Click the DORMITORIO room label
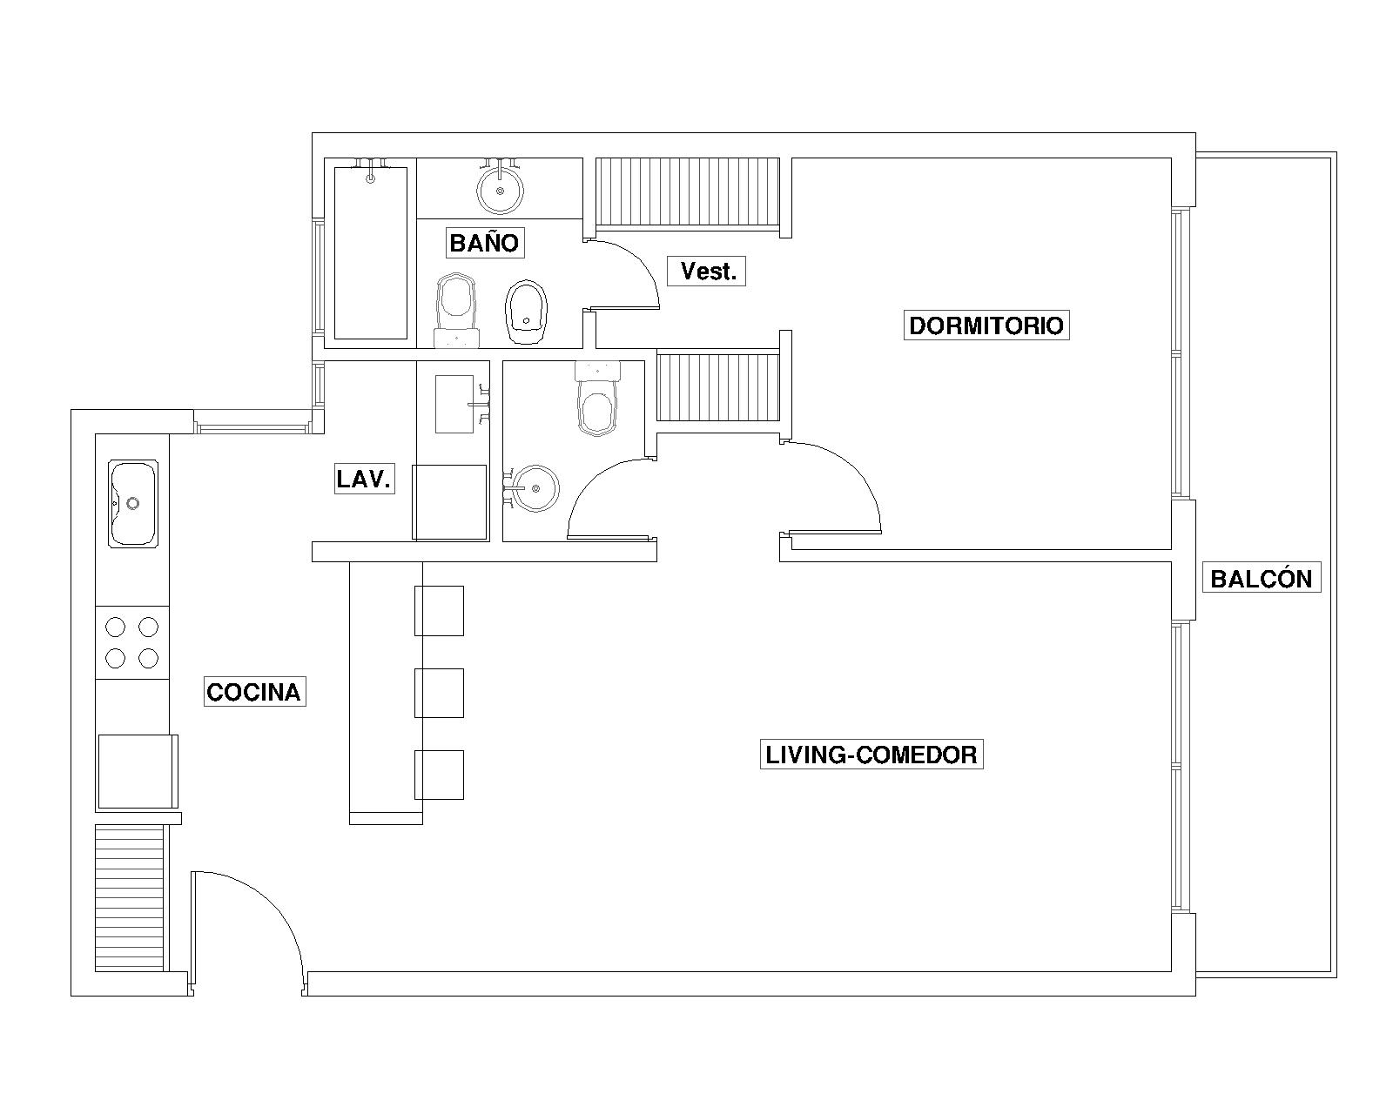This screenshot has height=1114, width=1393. click(x=986, y=325)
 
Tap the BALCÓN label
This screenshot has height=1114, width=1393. click(x=1261, y=579)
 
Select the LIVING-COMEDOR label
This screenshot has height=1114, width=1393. click(x=871, y=755)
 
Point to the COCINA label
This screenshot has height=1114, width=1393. click(x=254, y=692)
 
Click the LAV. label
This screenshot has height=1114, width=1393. click(x=365, y=479)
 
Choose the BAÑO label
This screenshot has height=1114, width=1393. click(x=485, y=243)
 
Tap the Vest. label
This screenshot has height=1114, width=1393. click(x=706, y=271)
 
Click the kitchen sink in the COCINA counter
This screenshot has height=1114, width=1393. click(x=132, y=504)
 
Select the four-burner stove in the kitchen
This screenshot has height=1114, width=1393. click(x=132, y=642)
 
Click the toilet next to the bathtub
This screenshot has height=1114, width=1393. click(x=456, y=311)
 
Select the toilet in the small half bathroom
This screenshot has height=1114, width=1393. click(x=597, y=399)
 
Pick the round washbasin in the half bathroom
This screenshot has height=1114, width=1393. click(x=534, y=489)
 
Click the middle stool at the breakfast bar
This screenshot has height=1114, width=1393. click(x=439, y=693)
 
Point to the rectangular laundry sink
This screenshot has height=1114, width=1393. click(x=454, y=404)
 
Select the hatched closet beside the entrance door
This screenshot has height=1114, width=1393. click(x=130, y=898)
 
